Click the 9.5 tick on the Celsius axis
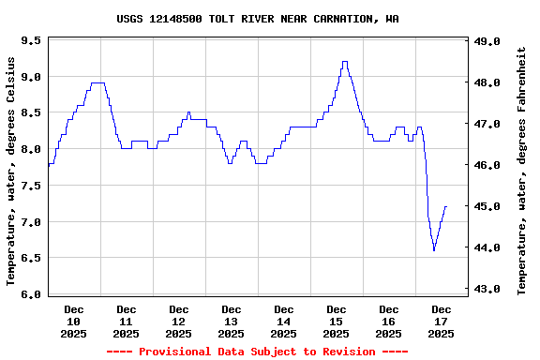pos(30,41)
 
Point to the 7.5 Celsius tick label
pos(30,186)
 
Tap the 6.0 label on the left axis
pos(30,294)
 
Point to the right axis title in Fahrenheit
pos(521,171)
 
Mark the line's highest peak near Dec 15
pos(345,62)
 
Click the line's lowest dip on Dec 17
pos(434,250)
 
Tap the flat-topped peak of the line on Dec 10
pos(97,82)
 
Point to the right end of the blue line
pos(446,206)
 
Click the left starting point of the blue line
pos(49,164)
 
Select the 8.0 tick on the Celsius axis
pos(30,149)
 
